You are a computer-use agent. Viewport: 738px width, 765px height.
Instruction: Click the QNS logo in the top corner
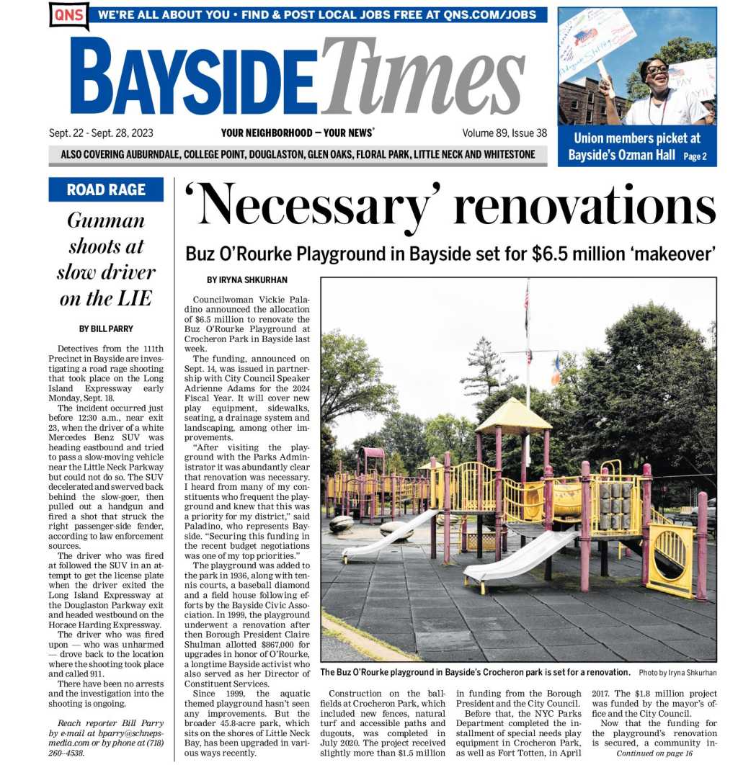(69, 15)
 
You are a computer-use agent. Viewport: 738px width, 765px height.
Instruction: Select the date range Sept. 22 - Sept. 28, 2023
(101, 133)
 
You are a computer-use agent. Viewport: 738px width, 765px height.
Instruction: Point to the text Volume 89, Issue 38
(504, 133)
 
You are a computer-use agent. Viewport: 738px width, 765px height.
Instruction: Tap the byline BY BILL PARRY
(106, 328)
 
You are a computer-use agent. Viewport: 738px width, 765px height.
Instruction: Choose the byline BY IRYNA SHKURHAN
(247, 279)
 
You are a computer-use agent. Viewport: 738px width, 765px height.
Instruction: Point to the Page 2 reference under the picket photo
(695, 156)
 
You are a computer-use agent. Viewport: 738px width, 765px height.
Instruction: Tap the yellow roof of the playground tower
(513, 416)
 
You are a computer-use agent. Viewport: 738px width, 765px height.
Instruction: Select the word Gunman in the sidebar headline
(106, 220)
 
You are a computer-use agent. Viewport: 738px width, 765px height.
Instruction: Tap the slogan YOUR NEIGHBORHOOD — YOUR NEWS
(297, 133)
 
